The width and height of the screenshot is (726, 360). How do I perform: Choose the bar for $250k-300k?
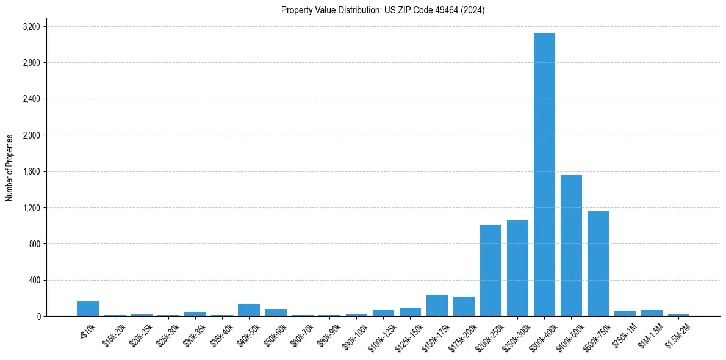[517, 268]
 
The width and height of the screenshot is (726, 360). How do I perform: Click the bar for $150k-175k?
[437, 306]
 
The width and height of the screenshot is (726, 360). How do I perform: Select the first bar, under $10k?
[88, 309]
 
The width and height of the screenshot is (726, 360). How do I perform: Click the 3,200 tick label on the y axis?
[31, 27]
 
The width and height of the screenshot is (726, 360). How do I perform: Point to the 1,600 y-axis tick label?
[31, 171]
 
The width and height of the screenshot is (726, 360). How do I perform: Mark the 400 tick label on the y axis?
[34, 280]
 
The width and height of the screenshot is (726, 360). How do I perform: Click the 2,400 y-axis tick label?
[31, 99]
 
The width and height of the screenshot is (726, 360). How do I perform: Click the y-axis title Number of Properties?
[9, 168]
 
